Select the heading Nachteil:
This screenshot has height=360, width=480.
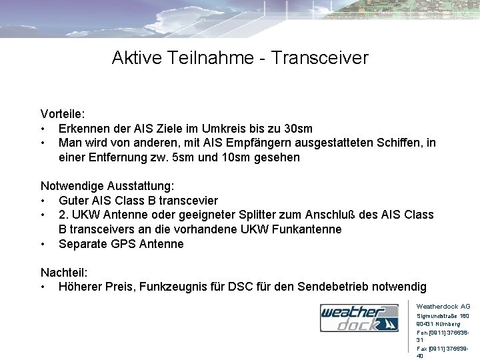pos(64,273)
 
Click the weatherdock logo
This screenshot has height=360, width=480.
pos(359,319)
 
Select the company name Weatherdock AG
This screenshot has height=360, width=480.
pos(443,306)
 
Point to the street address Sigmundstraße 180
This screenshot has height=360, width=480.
pos(443,315)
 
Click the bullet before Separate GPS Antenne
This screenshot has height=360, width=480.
pos(43,244)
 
